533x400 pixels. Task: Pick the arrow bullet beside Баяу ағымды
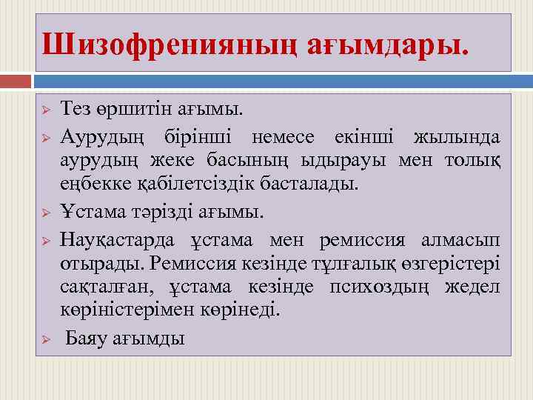click(x=45, y=339)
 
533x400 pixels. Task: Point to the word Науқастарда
click(x=118, y=241)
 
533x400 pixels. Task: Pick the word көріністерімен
click(x=131, y=307)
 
